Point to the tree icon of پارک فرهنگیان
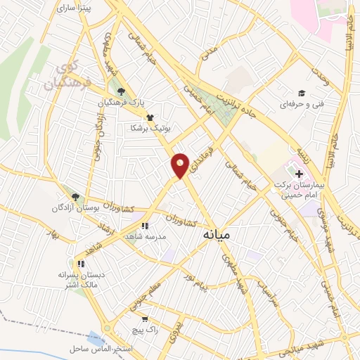[122, 91]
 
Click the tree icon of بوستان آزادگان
[75, 198]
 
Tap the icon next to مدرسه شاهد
[144, 226]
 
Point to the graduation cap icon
[301, 94]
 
